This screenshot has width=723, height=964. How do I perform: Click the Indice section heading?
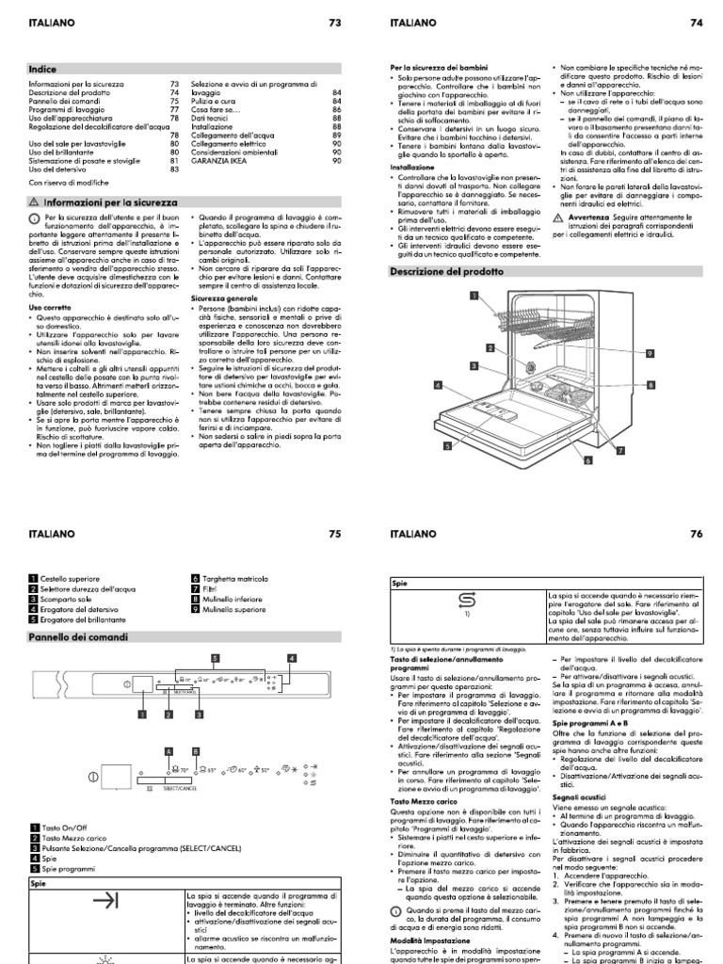tap(43, 68)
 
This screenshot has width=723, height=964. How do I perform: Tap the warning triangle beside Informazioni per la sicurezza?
tap(34, 201)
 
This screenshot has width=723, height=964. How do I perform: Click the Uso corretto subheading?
tap(48, 306)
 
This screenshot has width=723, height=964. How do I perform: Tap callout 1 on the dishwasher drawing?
tap(475, 296)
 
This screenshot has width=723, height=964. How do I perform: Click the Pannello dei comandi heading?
tap(72, 636)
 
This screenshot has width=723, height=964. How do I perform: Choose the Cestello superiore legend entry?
tap(69, 575)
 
